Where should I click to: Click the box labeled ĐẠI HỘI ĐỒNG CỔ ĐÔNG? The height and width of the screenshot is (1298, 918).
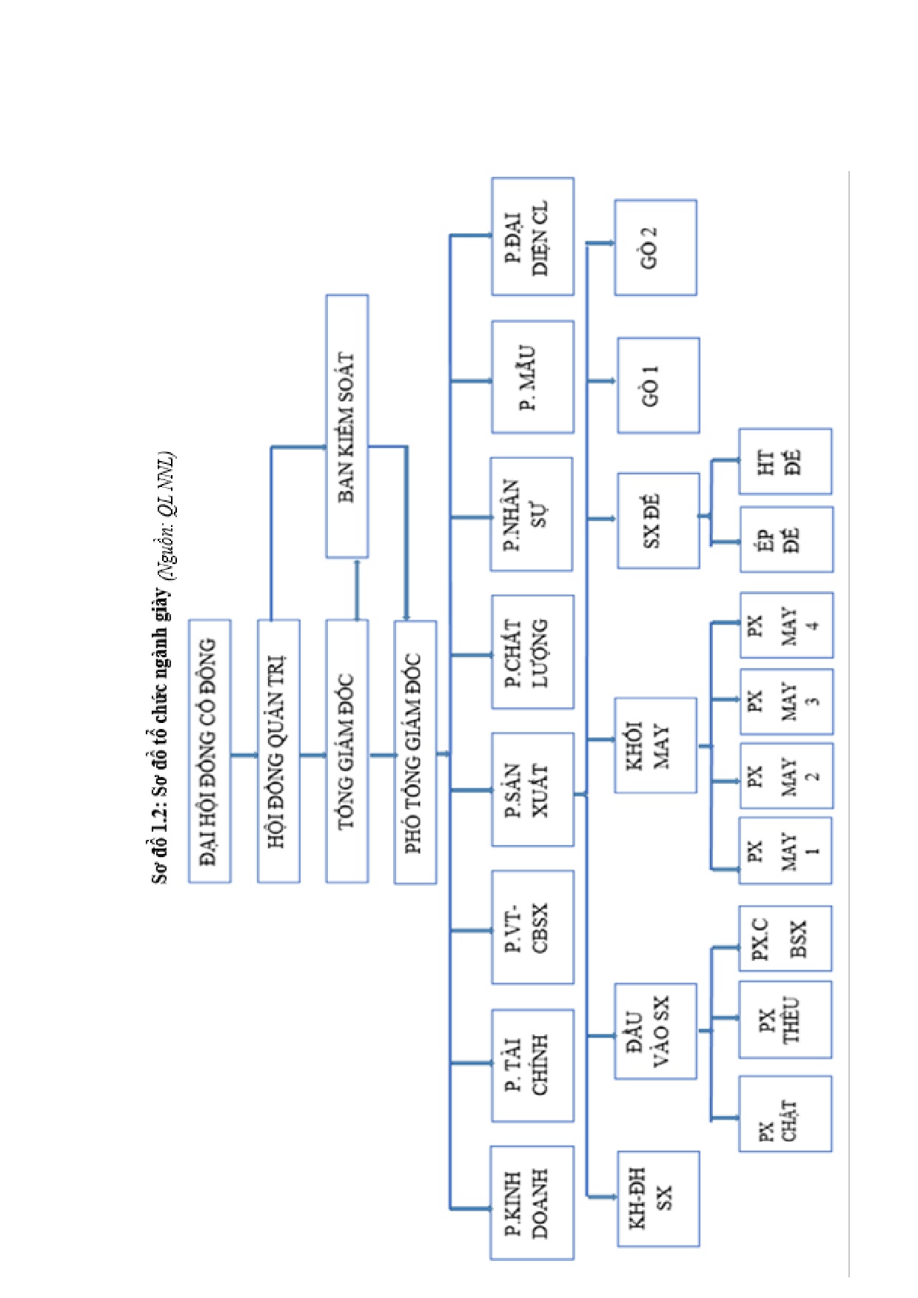click(x=210, y=751)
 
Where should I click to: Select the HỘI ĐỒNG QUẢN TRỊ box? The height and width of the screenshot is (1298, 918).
click(x=278, y=751)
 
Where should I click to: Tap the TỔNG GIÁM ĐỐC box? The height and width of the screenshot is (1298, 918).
click(x=347, y=751)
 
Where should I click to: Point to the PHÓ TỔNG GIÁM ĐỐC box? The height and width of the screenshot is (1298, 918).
click(x=415, y=752)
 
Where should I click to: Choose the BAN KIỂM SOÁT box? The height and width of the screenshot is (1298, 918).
click(x=347, y=426)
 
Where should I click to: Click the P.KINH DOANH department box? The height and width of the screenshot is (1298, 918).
click(x=532, y=1203)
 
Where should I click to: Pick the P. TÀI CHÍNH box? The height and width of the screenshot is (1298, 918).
click(x=532, y=1065)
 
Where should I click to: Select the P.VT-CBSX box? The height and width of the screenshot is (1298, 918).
click(x=532, y=927)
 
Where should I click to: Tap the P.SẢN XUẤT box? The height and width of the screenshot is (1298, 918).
click(x=532, y=790)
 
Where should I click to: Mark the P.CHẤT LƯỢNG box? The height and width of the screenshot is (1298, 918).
click(x=532, y=652)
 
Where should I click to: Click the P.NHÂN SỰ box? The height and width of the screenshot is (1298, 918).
click(x=532, y=514)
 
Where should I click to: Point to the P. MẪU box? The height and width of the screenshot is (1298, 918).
click(x=532, y=377)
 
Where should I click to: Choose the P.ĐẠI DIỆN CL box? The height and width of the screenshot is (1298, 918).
click(x=532, y=237)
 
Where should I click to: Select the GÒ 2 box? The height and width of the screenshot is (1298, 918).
click(x=655, y=247)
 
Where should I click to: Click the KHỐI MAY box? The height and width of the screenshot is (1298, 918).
click(x=655, y=745)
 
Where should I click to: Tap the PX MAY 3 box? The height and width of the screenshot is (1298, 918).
click(x=786, y=702)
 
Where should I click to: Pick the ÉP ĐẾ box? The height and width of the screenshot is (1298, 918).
click(x=786, y=539)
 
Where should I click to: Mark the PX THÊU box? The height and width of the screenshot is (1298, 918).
click(x=785, y=1020)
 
